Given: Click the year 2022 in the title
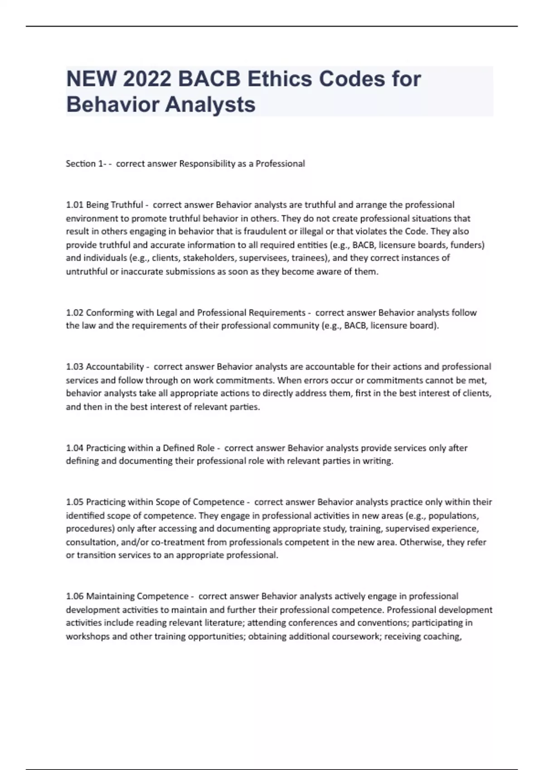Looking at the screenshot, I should [x=147, y=79].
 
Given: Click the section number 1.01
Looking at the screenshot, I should [x=75, y=205].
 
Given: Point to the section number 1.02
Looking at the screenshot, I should [x=75, y=313].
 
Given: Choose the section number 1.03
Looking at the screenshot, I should [x=75, y=366].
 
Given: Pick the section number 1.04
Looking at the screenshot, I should [x=75, y=448].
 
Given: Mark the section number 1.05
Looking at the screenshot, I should [x=75, y=502].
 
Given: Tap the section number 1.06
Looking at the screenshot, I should [x=75, y=596].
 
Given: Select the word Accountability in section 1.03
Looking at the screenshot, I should [x=115, y=366].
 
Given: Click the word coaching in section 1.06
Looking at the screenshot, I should [x=442, y=636].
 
